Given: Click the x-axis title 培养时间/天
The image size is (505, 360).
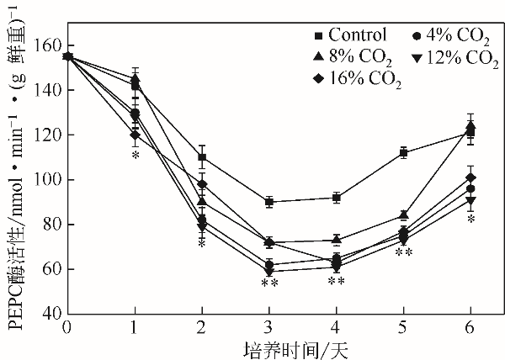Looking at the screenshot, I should click(x=268, y=347).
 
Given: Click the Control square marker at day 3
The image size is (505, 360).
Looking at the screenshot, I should click(x=269, y=202).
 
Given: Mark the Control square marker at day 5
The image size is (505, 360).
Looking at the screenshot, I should click(x=404, y=153).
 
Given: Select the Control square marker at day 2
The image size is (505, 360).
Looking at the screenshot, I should click(x=202, y=157).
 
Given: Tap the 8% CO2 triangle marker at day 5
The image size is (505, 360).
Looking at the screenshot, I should click(x=404, y=215).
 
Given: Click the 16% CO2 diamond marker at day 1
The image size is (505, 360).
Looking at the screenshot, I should click(x=135, y=135).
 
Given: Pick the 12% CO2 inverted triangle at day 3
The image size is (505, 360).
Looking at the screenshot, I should click(x=269, y=272).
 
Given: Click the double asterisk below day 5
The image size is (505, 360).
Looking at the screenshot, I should click(x=404, y=252).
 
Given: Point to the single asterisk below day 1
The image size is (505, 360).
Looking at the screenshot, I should click(x=135, y=155).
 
